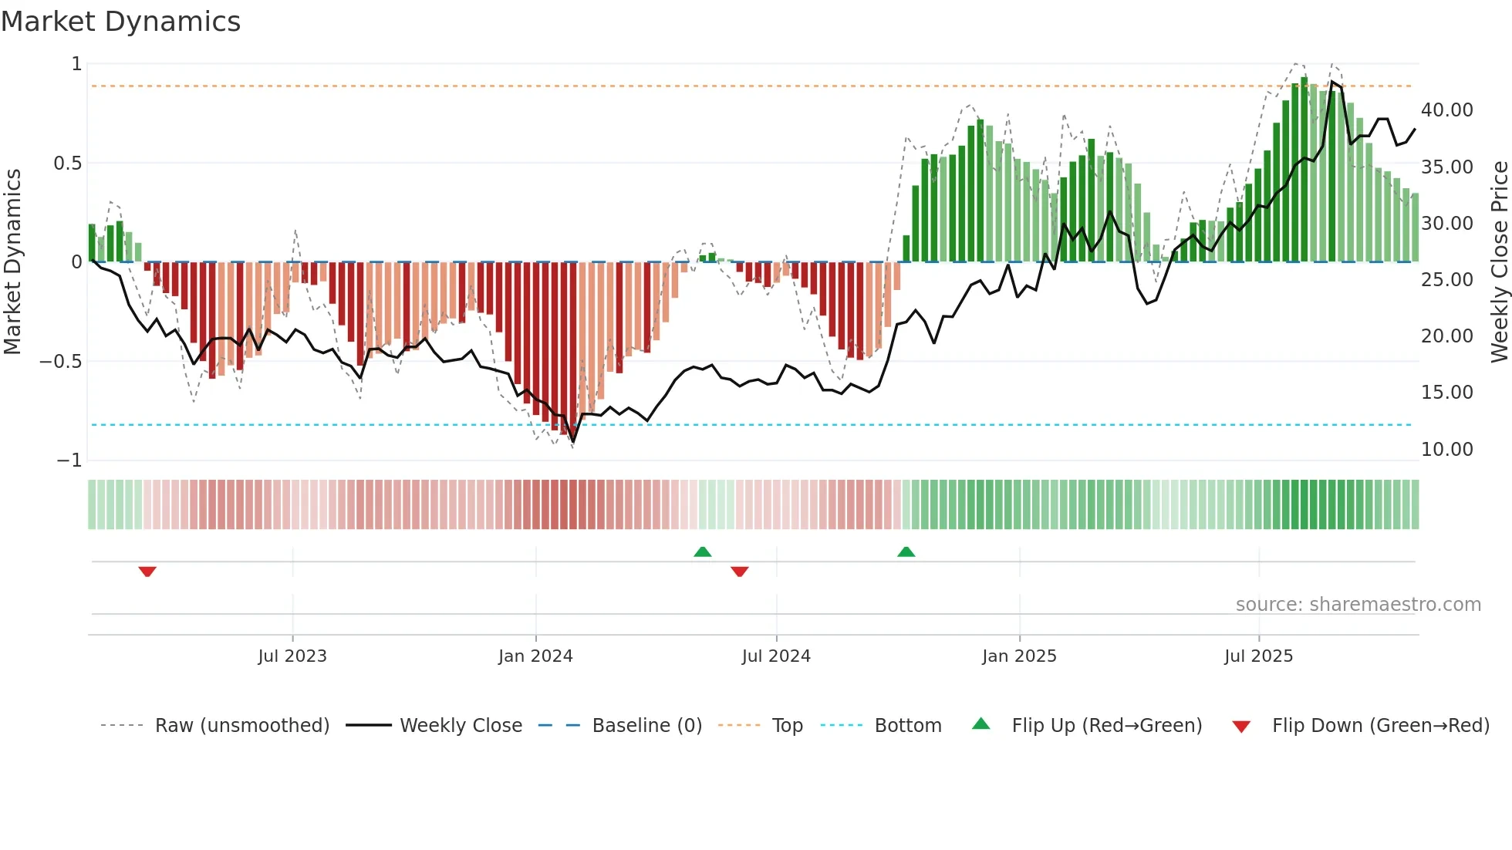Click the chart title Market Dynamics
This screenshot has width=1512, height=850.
coord(120,22)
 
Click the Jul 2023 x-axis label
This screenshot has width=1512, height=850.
coord(292,656)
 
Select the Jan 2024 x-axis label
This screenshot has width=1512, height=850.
coord(535,656)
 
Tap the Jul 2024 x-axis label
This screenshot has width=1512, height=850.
coord(776,656)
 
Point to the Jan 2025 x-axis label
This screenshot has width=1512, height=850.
coord(1019,656)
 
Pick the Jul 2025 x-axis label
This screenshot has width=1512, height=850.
coord(1258,656)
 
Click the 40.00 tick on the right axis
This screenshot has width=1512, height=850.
coord(1447,110)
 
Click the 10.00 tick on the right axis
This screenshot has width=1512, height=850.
coord(1447,450)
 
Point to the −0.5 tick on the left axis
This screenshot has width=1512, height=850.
coord(61,362)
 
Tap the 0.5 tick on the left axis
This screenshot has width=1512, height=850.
coord(67,164)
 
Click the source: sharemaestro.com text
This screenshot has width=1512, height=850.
coord(1358,605)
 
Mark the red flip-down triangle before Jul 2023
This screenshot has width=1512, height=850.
coord(147,572)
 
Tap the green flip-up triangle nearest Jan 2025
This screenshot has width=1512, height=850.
coord(906,552)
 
